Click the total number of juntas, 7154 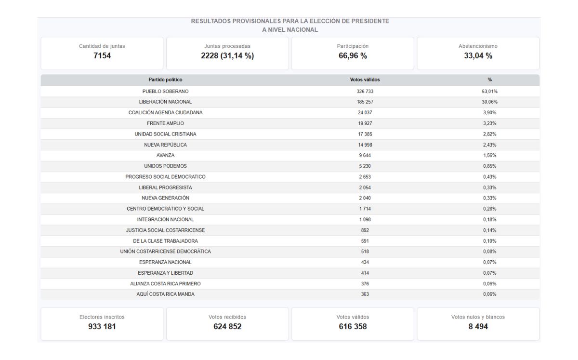[102, 55]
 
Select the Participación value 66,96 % [353, 55]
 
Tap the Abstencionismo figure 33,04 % [478, 55]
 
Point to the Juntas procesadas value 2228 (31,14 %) [227, 55]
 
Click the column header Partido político [165, 80]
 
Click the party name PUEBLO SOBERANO [165, 91]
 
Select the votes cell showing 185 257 [365, 102]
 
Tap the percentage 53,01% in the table [490, 91]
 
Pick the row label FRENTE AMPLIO [165, 123]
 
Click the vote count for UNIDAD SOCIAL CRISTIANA [365, 134]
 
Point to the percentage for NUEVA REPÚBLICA [490, 145]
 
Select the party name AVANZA [165, 155]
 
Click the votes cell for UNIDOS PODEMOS [365, 166]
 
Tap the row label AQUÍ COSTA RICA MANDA [165, 294]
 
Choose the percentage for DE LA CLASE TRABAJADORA [490, 241]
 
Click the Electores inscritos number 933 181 [102, 326]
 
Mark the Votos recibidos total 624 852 [227, 326]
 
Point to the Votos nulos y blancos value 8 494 [478, 326]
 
